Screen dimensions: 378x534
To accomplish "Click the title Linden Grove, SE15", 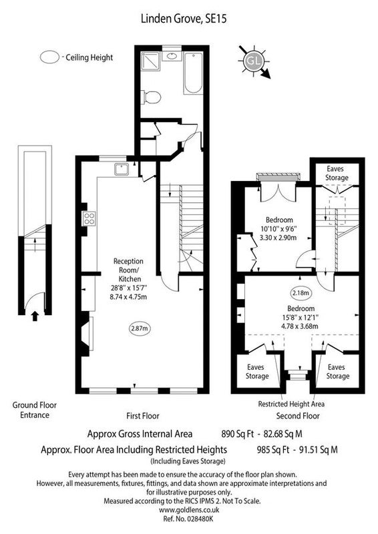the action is pos(184,19).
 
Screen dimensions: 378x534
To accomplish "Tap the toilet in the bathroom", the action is pos(152,97).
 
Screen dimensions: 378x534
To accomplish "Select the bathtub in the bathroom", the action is pos(193,73).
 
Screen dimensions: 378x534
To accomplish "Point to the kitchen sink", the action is pos(122,169).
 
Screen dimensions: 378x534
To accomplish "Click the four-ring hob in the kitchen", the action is pos(89,218).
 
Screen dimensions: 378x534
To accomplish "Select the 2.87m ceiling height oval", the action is pos(140,328).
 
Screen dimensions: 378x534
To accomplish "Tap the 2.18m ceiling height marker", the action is pos(301,292).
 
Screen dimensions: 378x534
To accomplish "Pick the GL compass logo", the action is pos(254,61).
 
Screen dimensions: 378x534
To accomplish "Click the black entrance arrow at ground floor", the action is pos(35,316).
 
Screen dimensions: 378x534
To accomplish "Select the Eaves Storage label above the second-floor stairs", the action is pos(337,173).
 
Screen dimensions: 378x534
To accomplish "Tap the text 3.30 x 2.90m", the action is pos(278,238).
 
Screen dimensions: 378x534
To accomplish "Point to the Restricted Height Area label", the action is pos(291,405).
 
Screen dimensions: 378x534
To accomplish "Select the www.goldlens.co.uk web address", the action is pos(189,510).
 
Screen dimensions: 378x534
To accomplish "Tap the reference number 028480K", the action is pos(200,519).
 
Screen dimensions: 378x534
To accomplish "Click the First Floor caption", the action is pos(142,416).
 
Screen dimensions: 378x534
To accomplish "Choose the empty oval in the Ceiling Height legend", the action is pos(50,57).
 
